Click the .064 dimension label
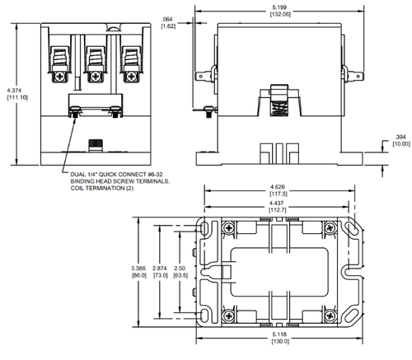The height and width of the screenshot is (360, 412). [167, 19]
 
